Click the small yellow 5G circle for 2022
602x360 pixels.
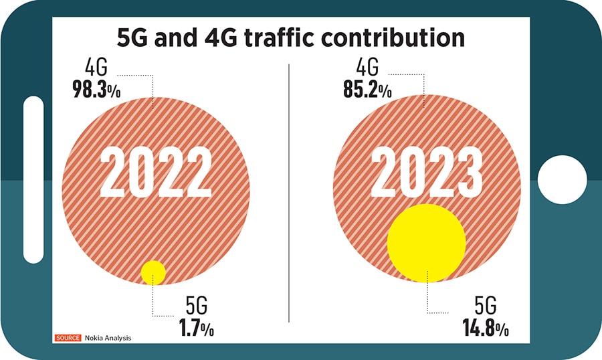click(153, 272)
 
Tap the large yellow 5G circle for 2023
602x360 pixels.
click(426, 243)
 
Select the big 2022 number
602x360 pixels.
click(156, 173)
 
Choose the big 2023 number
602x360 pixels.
click(427, 173)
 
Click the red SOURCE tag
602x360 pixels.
click(68, 338)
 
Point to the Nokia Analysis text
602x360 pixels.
click(108, 338)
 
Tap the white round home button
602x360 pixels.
click(562, 180)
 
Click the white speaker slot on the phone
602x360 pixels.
click(33, 179)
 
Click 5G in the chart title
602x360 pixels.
click(133, 37)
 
